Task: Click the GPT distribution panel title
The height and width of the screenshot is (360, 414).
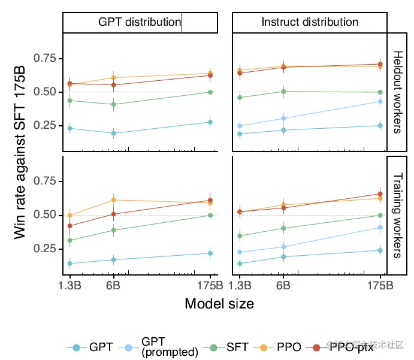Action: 140,22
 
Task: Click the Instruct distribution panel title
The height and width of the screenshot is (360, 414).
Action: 310,22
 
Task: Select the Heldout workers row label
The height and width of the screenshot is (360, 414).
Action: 398,92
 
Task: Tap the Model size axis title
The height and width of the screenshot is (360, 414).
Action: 219,304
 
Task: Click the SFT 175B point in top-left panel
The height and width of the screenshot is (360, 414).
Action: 210,92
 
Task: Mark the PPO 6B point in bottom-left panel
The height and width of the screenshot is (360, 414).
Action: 113,200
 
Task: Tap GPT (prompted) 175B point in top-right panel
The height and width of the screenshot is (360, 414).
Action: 380,101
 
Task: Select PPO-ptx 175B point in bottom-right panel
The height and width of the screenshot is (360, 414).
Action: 380,194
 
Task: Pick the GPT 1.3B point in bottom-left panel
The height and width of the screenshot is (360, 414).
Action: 70,264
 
